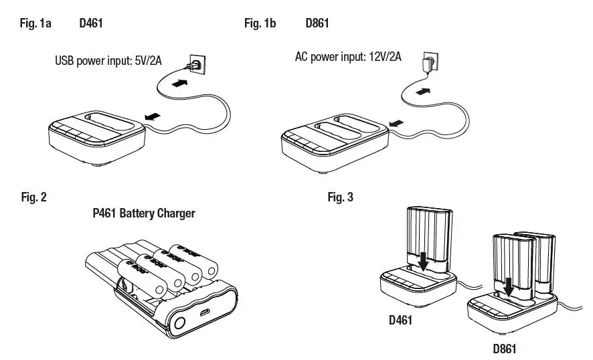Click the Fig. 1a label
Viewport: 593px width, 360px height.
point(37,23)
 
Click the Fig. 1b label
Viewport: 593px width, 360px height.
point(260,23)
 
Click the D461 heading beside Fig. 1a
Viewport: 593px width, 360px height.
point(90,23)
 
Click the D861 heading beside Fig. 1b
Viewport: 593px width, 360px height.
point(317,23)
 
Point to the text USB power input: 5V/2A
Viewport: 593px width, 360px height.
point(108,62)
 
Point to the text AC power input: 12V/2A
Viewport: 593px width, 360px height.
point(348,57)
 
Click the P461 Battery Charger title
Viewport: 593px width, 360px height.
point(144,213)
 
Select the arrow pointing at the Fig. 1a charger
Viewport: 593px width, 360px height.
point(153,116)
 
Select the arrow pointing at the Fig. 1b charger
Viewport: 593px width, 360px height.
point(397,122)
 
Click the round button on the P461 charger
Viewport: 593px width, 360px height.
point(179,325)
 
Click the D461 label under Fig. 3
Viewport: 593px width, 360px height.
point(401,320)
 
